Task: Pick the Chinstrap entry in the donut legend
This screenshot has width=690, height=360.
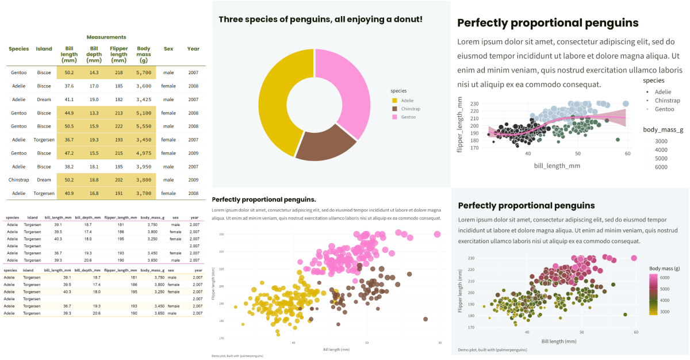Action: tap(412, 109)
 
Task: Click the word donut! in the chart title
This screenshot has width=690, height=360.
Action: tap(403, 20)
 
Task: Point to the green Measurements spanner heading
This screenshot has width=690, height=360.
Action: tap(106, 37)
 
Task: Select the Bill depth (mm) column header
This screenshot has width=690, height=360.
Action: tap(94, 55)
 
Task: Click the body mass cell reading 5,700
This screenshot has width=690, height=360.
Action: tap(144, 73)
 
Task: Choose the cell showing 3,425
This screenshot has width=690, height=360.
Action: tap(144, 99)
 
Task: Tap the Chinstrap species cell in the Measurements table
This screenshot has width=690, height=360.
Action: tap(18, 180)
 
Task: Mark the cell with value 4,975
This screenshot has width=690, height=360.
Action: tap(144, 154)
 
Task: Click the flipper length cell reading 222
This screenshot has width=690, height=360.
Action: tap(119, 127)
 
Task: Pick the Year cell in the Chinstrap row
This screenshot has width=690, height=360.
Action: tap(193, 180)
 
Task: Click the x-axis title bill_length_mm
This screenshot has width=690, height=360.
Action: tap(557, 166)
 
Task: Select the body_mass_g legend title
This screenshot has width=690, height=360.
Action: tap(663, 130)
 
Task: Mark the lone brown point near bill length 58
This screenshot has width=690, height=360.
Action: tap(425, 319)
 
